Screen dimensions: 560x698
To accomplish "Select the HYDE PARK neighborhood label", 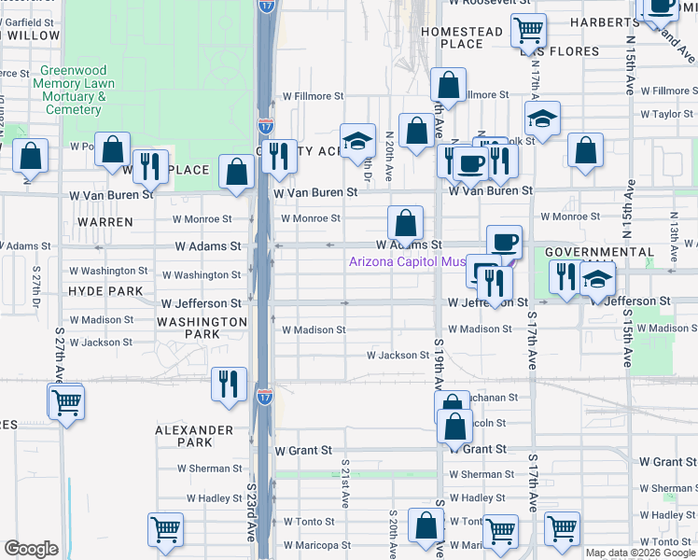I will coord(105,291).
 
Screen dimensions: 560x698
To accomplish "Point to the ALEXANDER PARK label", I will coord(194,437).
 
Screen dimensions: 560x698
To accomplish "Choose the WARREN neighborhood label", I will coord(105,222).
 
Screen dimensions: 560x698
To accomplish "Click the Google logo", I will coord(31,549).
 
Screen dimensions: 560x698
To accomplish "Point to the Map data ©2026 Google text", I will coord(640,553).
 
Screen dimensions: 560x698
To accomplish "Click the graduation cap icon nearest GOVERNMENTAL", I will coord(596,280).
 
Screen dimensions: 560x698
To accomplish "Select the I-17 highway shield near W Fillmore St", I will coord(266,124).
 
